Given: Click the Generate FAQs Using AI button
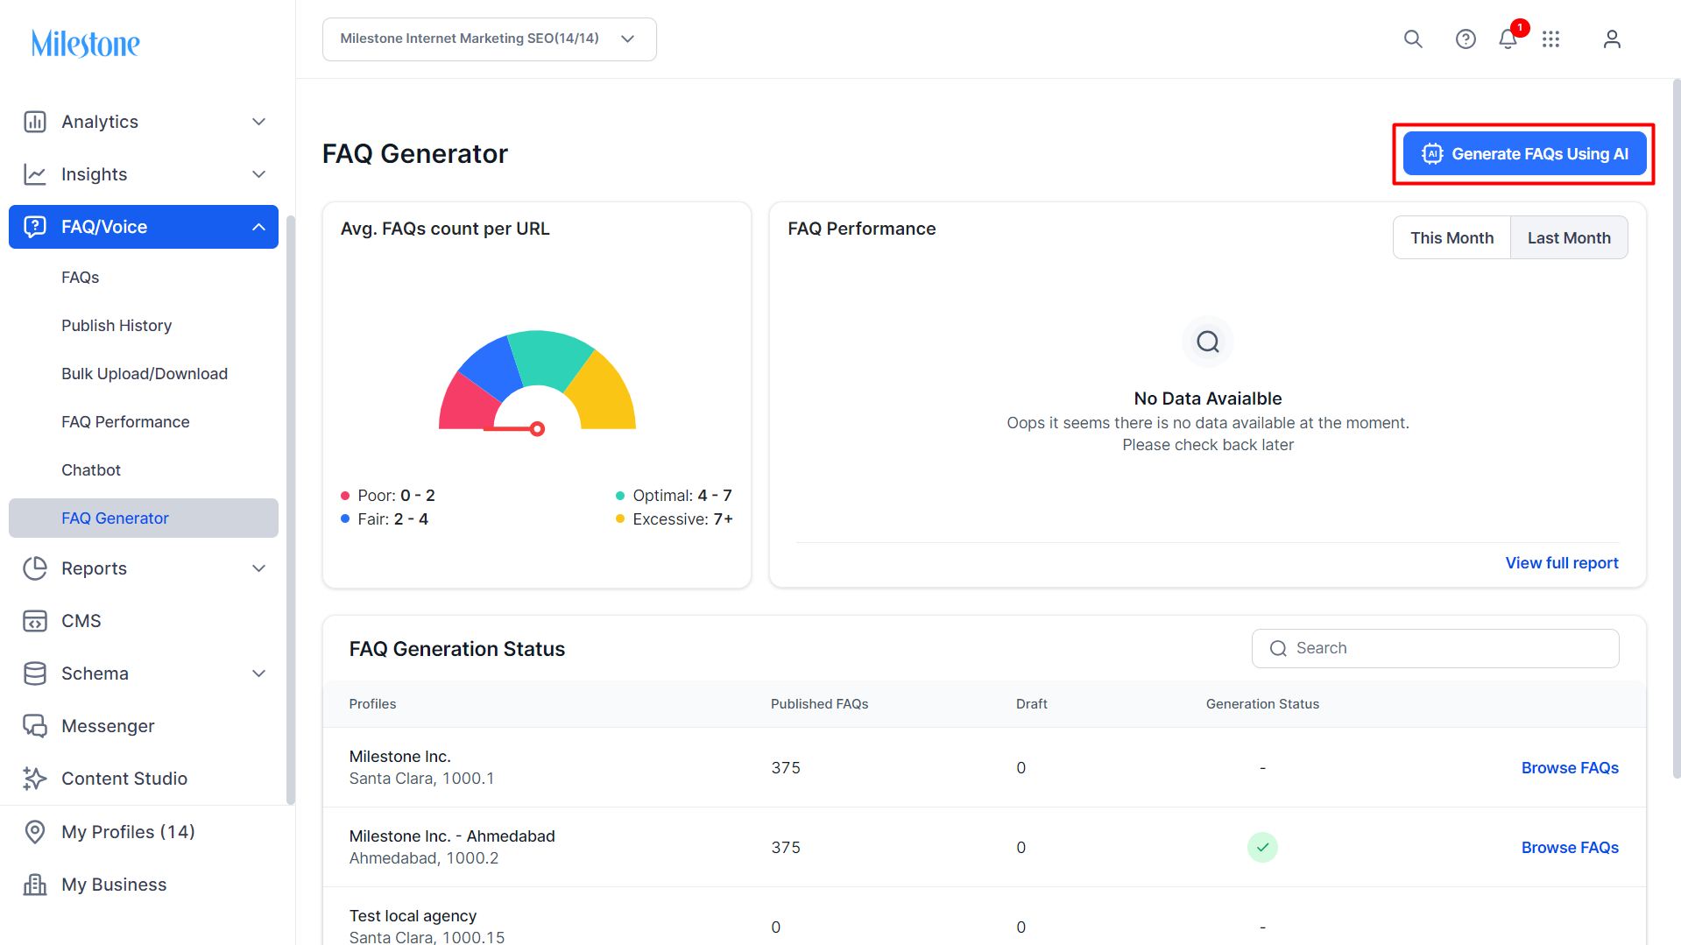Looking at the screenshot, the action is pos(1524,154).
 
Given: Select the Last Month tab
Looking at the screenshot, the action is pos(1569,238).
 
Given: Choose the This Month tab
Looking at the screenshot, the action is pos(1451,238).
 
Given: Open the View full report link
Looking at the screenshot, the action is pos(1562,563).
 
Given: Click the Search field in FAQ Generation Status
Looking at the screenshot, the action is pos(1435,648).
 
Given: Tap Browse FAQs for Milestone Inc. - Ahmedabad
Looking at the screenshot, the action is pos(1570,848).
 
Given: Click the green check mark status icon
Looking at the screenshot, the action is pos(1262,848).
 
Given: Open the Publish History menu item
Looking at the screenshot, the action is pos(117,326).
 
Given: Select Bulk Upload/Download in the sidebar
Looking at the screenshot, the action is pos(145,374).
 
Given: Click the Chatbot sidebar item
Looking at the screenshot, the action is pos(91,470).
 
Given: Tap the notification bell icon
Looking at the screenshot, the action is pos(1508,39).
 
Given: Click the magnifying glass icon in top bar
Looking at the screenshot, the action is pos(1413,39).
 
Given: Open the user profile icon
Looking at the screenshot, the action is pos(1612,39).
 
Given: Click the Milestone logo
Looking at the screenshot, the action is pos(86,43).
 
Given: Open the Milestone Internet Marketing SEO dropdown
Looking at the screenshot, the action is pos(489,39).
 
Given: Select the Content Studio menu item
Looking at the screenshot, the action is pos(124,779).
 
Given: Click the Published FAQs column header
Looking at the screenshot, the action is pos(819,704).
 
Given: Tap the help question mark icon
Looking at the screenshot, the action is pos(1466,39).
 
